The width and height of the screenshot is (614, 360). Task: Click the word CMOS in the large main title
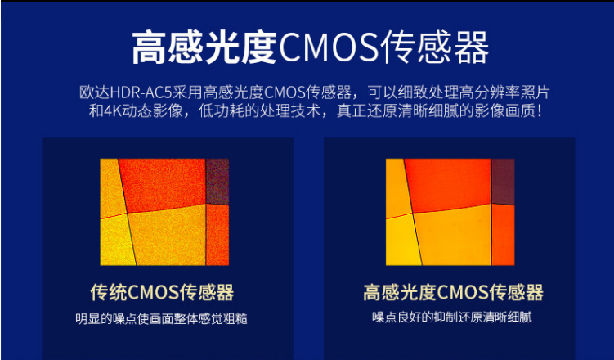click(329, 47)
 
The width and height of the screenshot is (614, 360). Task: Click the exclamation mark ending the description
click(540, 111)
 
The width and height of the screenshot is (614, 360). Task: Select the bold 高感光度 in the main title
click(204, 47)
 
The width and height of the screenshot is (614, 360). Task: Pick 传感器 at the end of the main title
click(435, 47)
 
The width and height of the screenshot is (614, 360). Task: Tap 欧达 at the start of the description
click(95, 92)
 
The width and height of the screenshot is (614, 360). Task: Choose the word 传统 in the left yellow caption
click(109, 292)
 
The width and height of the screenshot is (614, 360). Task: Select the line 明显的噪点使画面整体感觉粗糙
click(161, 318)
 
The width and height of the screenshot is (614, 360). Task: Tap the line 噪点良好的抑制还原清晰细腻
click(451, 317)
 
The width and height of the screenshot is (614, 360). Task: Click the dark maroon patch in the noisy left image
click(217, 181)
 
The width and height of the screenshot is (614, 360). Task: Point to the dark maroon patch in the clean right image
click(503, 181)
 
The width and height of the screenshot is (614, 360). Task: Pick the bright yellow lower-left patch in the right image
click(402, 241)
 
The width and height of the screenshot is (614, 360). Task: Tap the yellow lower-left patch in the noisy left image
click(117, 241)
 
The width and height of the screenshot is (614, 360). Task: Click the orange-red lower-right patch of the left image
click(217, 235)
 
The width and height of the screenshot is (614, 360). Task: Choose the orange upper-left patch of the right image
click(397, 187)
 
